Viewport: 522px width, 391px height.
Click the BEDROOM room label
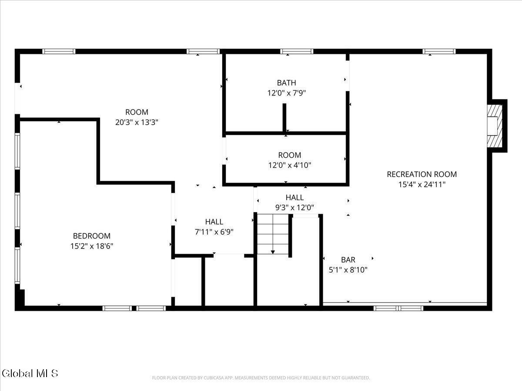[92, 236]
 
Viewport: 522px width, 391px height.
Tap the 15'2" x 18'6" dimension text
[92, 246]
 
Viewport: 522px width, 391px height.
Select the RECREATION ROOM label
[422, 174]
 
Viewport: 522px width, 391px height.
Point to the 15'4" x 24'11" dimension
[422, 184]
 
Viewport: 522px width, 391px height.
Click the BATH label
[286, 83]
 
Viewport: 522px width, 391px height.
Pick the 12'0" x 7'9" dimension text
[286, 93]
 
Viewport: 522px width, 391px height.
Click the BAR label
[348, 260]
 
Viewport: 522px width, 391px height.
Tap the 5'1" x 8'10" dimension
[348, 270]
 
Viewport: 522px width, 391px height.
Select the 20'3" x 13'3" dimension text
[137, 122]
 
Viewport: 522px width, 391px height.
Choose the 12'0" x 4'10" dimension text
[289, 165]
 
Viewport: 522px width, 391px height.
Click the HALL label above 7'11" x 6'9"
[214, 222]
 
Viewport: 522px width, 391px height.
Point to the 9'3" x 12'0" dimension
[294, 208]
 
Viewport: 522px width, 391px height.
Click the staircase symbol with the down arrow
[273, 235]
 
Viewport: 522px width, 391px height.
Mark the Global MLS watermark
[30, 373]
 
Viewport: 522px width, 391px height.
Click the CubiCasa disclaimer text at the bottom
[261, 378]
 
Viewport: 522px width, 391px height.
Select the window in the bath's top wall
[297, 51]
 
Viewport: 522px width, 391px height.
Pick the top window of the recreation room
[439, 51]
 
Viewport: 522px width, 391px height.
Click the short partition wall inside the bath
[284, 117]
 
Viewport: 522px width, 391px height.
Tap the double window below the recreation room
[398, 308]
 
